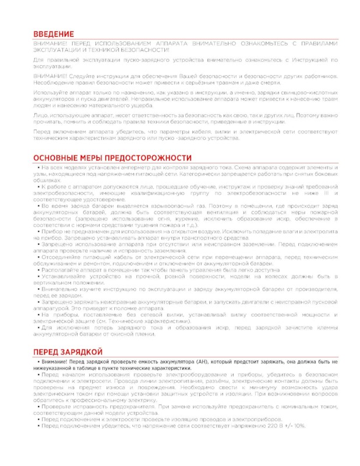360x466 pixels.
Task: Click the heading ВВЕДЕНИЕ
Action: (x=53, y=35)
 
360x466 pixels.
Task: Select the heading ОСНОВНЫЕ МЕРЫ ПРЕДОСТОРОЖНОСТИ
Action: (x=112, y=158)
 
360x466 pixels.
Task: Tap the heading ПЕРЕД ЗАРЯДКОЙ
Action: (x=68, y=352)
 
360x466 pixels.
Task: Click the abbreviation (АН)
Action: (x=207, y=362)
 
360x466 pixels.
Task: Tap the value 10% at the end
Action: (x=298, y=425)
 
